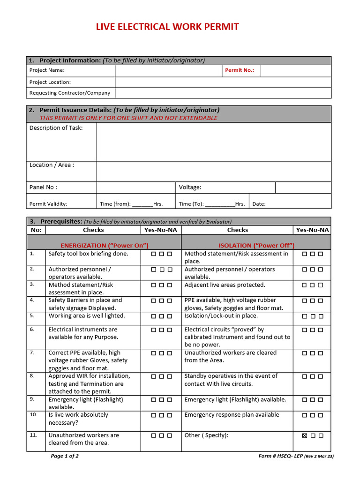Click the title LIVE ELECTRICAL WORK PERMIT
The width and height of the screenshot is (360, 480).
pyautogui.click(x=167, y=27)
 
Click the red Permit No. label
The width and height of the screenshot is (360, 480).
pyautogui.click(x=240, y=70)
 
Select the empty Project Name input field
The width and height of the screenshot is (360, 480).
pyautogui.click(x=168, y=71)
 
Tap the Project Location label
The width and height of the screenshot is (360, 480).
pyautogui.click(x=50, y=82)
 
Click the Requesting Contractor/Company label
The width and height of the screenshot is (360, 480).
pyautogui.click(x=70, y=93)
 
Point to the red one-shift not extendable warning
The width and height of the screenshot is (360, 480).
pyautogui.click(x=128, y=118)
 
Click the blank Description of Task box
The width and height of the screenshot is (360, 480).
pyautogui.click(x=213, y=142)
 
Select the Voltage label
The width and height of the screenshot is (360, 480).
pyautogui.click(x=190, y=187)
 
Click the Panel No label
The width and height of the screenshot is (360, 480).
pyautogui.click(x=43, y=187)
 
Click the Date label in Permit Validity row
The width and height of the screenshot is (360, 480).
pyautogui.click(x=259, y=204)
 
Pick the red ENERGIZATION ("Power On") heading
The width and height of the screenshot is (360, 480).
pyautogui.click(x=105, y=245)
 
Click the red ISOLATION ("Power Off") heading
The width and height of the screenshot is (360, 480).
pyautogui.click(x=256, y=245)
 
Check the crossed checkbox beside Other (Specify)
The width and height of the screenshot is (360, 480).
pyautogui.click(x=305, y=435)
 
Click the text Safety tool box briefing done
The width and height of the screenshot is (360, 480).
pyautogui.click(x=88, y=254)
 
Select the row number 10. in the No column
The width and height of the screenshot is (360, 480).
pyautogui.click(x=33, y=415)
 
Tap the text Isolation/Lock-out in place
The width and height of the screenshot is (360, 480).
pyautogui.click(x=221, y=316)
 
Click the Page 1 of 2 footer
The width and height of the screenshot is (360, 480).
pyautogui.click(x=65, y=456)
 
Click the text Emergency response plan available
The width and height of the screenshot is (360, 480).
pyautogui.click(x=232, y=415)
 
